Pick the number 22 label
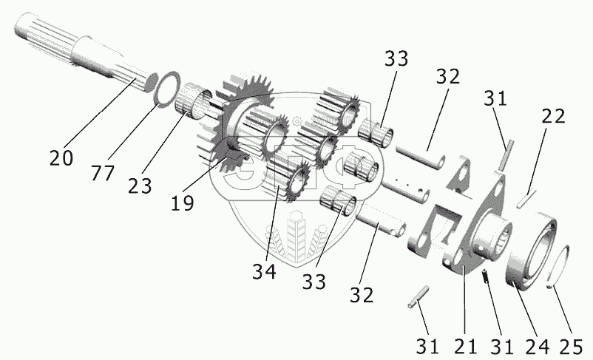[552, 116]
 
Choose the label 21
[462, 344]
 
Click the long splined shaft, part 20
[81, 51]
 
